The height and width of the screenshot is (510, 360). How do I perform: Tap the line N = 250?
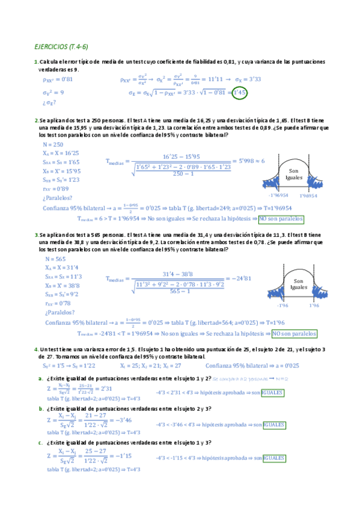53,145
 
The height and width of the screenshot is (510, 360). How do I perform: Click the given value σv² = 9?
53,93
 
